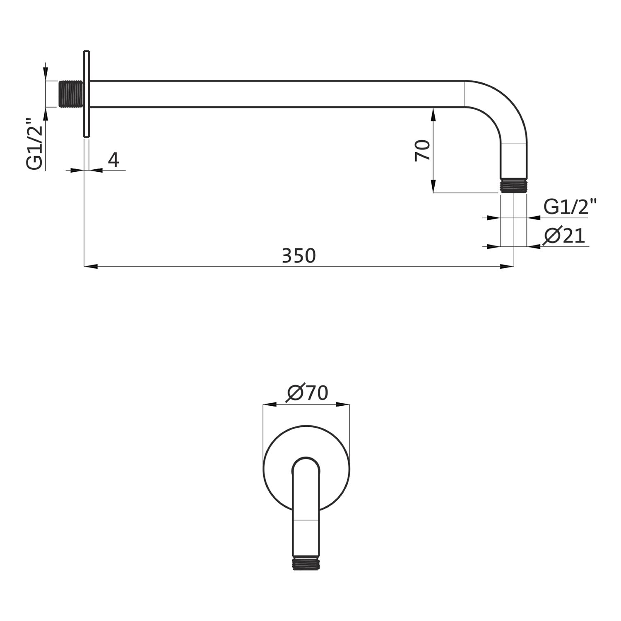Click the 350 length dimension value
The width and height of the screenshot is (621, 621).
click(298, 255)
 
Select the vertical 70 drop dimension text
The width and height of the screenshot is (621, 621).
click(423, 150)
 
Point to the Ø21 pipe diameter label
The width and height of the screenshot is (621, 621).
click(565, 236)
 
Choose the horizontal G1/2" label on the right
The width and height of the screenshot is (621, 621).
click(570, 207)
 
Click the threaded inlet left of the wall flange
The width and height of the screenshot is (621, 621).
click(71, 94)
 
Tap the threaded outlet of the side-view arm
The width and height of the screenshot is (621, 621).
click(514, 186)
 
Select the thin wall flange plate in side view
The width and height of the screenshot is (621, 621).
click(87, 94)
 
